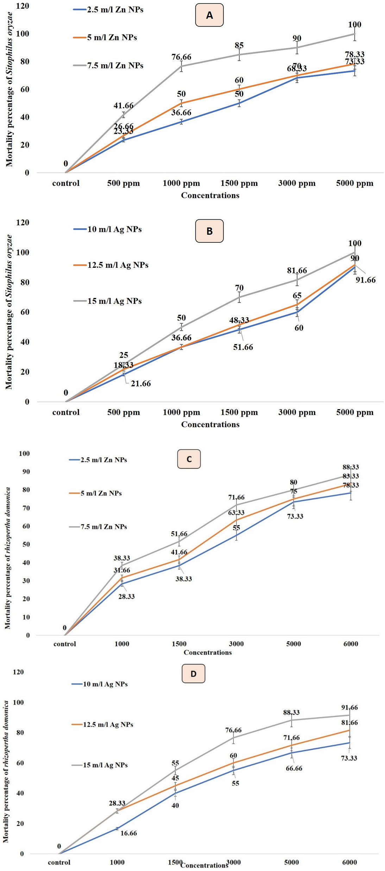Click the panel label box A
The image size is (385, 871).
[209, 15]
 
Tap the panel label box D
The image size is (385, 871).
[193, 674]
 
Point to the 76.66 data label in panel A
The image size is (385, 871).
[181, 57]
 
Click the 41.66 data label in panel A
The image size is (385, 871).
[124, 105]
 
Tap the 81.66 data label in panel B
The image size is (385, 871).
[297, 270]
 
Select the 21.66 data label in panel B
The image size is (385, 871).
[141, 383]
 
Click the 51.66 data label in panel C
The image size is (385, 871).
[179, 534]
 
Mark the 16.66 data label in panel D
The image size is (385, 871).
[129, 833]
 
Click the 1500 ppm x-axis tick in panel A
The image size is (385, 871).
[239, 183]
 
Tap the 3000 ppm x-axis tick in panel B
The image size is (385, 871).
[297, 412]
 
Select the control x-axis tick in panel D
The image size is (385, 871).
[59, 862]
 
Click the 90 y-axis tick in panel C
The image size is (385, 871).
[26, 472]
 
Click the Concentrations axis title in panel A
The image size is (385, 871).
[210, 195]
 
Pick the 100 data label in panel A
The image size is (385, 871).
[355, 25]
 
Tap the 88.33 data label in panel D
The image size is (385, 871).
[291, 712]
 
